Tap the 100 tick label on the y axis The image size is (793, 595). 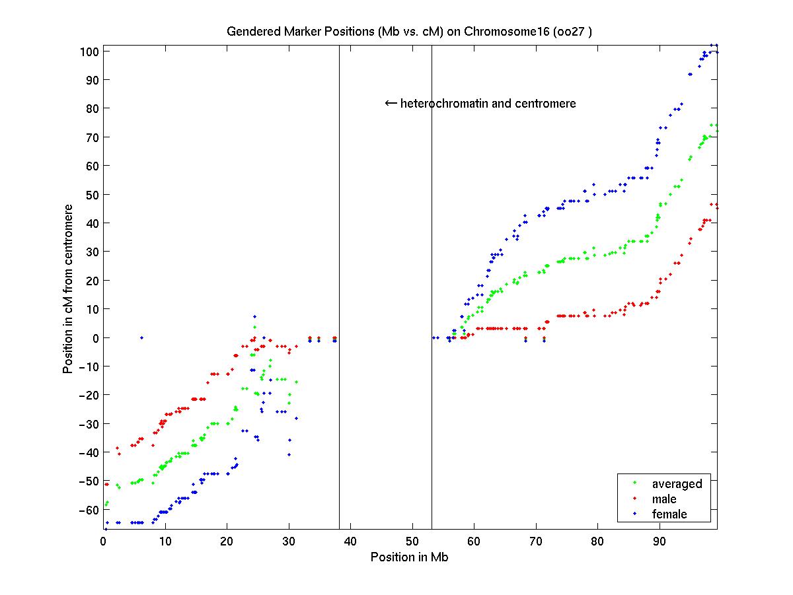pos(91,52)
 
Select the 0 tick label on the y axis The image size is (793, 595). pos(96,338)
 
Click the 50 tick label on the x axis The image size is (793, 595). pos(412,542)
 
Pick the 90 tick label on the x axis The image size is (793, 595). pos(659,542)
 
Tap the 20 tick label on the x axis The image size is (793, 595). pos(227,542)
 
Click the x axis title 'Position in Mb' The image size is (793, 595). pos(410,557)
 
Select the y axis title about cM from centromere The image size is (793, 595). pos(68,288)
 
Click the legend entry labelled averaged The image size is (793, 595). pos(677,484)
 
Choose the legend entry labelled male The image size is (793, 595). pos(664,499)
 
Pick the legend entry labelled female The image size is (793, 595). pos(669,514)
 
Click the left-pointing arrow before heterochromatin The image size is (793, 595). pos(391,103)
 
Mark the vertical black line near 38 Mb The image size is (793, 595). pos(339,264)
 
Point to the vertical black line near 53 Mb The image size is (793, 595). pos(432,264)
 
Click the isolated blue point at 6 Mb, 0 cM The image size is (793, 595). pos(141,337)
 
